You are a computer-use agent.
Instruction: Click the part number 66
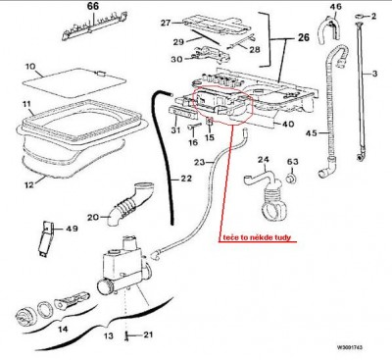[x=93, y=6]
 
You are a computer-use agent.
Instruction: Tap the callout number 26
[x=304, y=37]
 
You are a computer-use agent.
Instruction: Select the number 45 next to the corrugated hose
[x=312, y=133]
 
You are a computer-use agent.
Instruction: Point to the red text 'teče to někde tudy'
[x=257, y=237]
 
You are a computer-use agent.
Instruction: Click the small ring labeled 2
[x=360, y=16]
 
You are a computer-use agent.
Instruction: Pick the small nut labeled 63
[x=291, y=179]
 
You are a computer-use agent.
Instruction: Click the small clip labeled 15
[x=210, y=122]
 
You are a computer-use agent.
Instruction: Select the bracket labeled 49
[x=46, y=239]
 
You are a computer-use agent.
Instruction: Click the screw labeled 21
[x=127, y=336]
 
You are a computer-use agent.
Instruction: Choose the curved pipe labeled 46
[x=327, y=29]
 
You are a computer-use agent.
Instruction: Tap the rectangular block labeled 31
[x=183, y=112]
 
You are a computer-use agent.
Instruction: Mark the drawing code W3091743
[x=350, y=347]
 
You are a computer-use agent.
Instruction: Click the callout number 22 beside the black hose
[x=185, y=179]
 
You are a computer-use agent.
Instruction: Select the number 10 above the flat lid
[x=30, y=67]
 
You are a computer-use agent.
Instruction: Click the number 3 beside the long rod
[x=374, y=74]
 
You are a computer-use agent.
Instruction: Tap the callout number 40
[x=288, y=124]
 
